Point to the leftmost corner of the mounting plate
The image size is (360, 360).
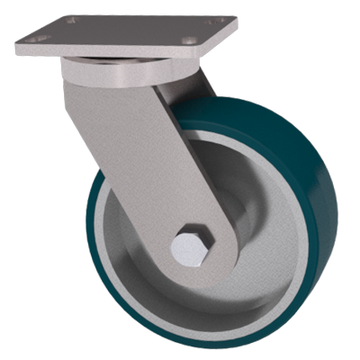(17, 41)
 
